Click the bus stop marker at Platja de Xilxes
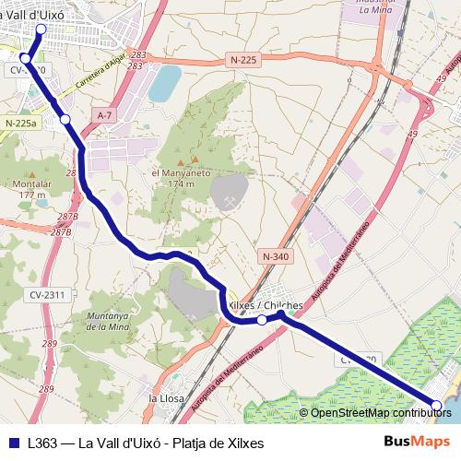(436, 404)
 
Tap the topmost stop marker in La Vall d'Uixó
(40, 30)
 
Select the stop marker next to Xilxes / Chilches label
(262, 320)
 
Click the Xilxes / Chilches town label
(265, 305)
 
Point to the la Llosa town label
(167, 398)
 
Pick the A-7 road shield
(104, 114)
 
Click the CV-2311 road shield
(47, 295)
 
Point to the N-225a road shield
(20, 123)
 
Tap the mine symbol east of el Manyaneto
(226, 201)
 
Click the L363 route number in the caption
(43, 443)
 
